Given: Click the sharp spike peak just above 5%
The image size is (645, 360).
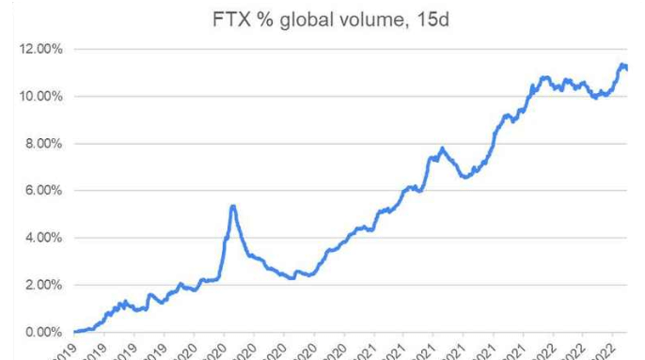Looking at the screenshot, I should coord(232,206).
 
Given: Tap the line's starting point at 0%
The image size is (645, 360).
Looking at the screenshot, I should coord(74,331).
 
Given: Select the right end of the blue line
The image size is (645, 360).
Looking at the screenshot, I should coord(627,67).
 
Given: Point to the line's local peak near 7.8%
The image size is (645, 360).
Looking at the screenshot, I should coord(442,149).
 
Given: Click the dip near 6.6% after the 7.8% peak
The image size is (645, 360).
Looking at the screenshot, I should coord(464,177).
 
